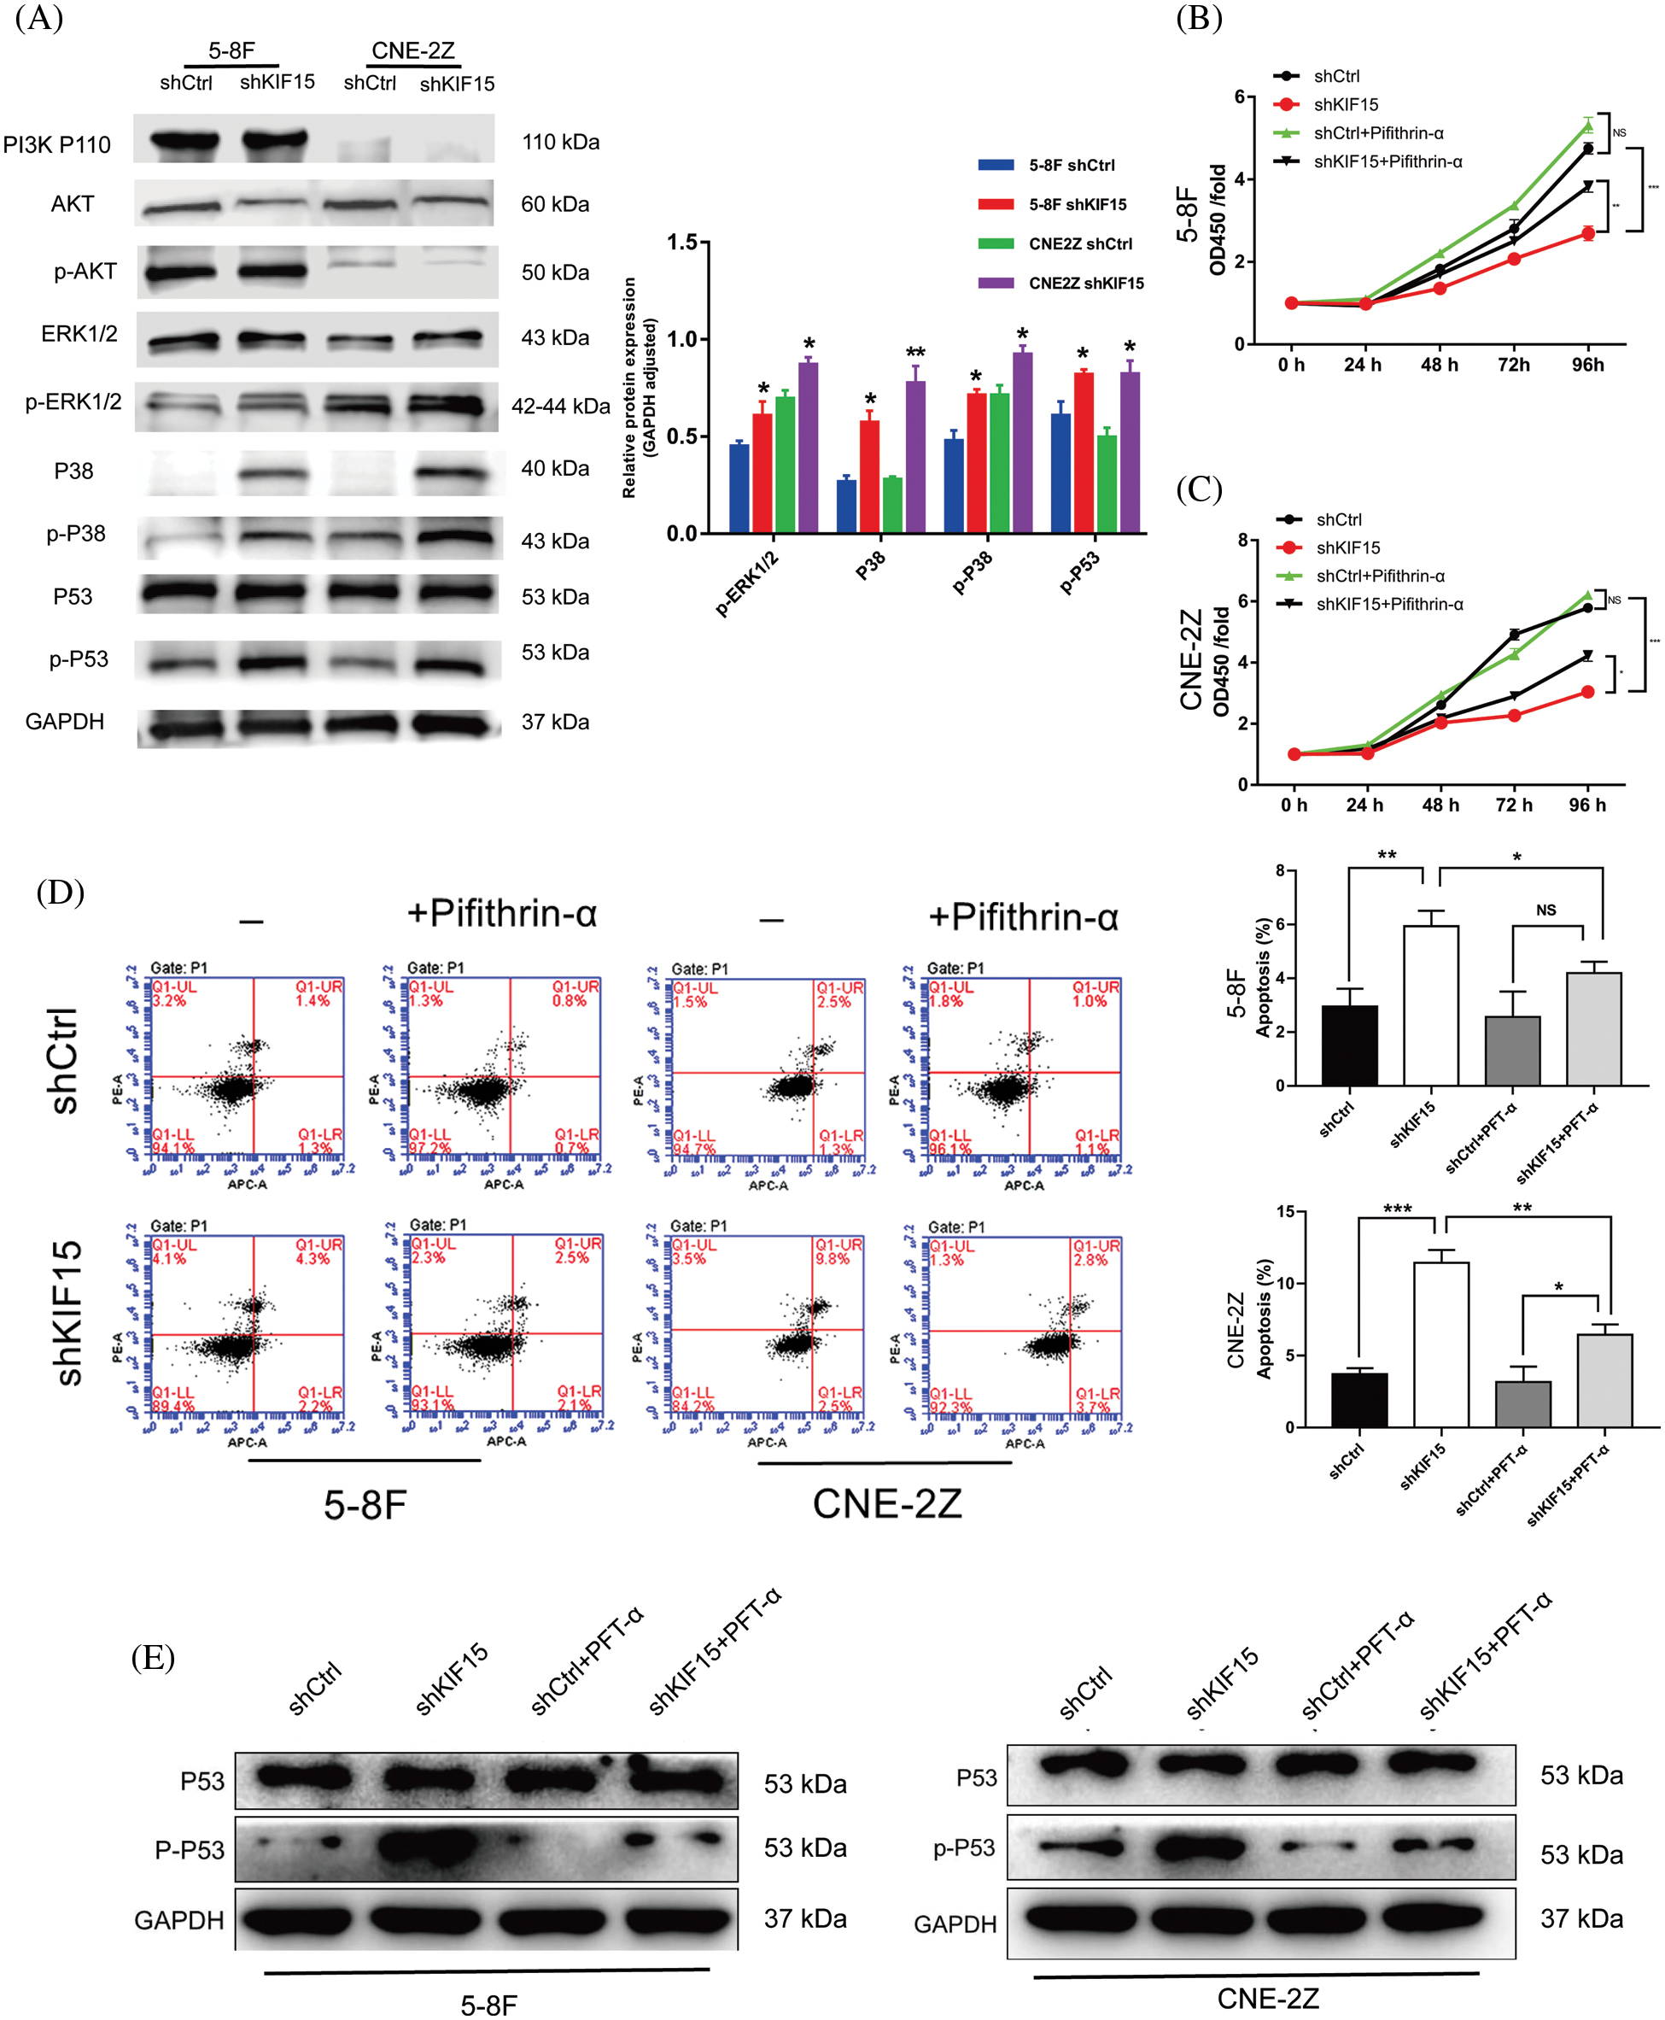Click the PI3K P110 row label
click(56, 145)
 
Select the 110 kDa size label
click(560, 142)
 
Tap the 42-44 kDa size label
click(560, 406)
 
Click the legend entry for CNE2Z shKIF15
click(1086, 283)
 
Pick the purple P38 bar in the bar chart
click(915, 455)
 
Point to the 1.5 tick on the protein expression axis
click(682, 242)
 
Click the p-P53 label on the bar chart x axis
click(1079, 572)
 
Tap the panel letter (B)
click(1199, 18)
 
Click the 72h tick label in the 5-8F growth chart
click(1514, 365)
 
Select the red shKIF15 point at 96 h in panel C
click(1587, 692)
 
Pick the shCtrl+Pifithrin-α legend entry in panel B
click(1378, 132)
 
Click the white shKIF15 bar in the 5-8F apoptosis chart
click(1430, 1004)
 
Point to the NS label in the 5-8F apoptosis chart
click(1546, 910)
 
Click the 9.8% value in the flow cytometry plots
click(832, 1258)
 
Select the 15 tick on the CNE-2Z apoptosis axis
click(1284, 1211)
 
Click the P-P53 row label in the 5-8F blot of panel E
click(189, 1849)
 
